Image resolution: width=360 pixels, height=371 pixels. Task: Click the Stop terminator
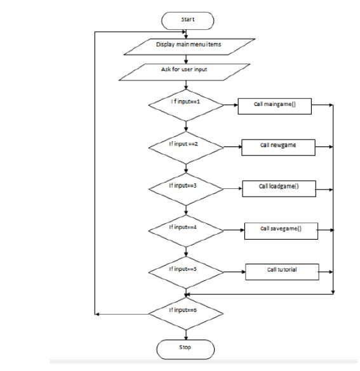click(x=185, y=348)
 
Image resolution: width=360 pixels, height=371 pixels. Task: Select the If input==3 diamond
click(x=185, y=188)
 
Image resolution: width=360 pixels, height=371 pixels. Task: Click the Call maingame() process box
click(x=275, y=104)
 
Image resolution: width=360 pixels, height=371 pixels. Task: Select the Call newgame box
click(x=278, y=146)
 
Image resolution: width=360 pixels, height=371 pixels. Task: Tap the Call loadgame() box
click(x=279, y=188)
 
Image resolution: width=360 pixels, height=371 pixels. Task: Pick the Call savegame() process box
click(x=281, y=230)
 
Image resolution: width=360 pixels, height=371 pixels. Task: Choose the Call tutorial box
click(x=281, y=271)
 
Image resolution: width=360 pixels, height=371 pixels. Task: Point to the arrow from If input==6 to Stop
click(x=185, y=332)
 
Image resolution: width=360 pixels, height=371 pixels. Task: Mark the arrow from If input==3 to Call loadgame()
click(x=232, y=188)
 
